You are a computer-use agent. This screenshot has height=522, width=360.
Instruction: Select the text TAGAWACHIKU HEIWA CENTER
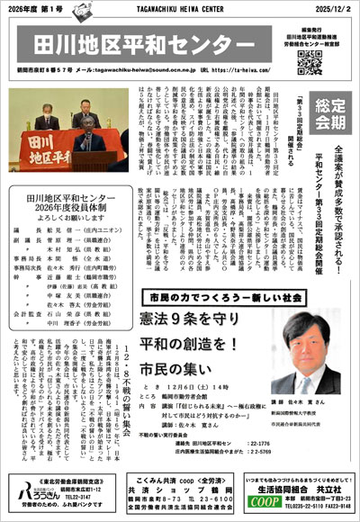click(179, 8)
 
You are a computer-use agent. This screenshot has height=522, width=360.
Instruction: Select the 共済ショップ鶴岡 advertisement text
click(179, 482)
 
